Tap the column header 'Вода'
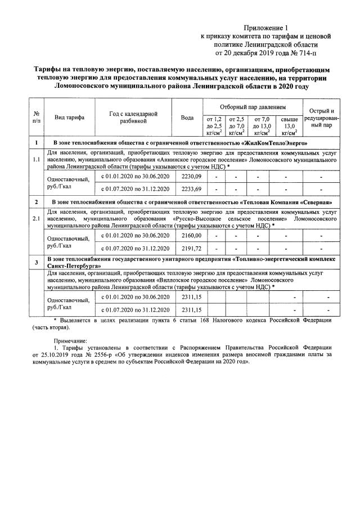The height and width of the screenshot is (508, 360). [x=187, y=118]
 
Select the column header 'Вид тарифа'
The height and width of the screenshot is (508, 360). [x=70, y=118]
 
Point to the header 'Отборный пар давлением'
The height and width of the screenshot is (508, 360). [x=252, y=106]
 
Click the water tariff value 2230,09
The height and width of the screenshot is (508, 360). [x=187, y=177]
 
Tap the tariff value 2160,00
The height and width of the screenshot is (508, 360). [x=187, y=235]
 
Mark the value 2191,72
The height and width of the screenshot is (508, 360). [x=187, y=248]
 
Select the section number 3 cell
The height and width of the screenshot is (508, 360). [x=36, y=262]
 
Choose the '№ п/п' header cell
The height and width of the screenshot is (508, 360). [x=36, y=118]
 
